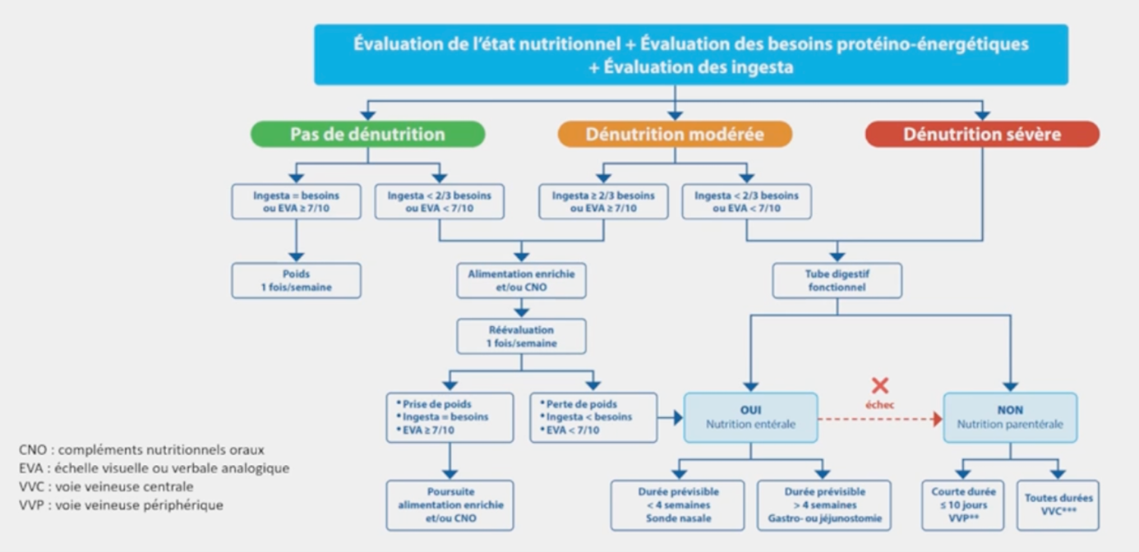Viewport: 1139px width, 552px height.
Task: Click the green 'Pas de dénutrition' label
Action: (x=367, y=134)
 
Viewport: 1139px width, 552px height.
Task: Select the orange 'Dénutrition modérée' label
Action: (x=675, y=134)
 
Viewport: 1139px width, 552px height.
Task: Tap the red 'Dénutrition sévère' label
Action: (x=982, y=134)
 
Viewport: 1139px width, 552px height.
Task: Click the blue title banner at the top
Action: (x=690, y=54)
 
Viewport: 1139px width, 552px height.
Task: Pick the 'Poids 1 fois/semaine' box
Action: (x=296, y=281)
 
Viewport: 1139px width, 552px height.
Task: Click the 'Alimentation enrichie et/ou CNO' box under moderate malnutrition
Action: (x=521, y=281)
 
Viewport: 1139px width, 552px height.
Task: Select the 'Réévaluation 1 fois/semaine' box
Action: (x=521, y=337)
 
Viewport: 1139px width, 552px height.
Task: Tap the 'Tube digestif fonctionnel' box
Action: (x=837, y=281)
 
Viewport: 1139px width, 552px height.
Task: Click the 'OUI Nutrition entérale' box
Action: (x=750, y=417)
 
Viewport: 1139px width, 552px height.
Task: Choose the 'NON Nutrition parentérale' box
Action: (x=1010, y=417)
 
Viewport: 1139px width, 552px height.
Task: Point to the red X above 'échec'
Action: (x=880, y=385)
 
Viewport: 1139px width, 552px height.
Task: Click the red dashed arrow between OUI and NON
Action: (x=879, y=419)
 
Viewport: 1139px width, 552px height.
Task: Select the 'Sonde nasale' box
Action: (x=677, y=505)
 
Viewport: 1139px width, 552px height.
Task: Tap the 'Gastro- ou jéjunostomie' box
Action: (x=823, y=505)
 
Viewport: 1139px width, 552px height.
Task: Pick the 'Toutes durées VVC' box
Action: (x=1058, y=504)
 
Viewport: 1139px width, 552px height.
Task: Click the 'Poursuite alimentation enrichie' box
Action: (x=450, y=505)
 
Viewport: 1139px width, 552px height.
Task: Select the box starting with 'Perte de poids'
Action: (x=593, y=417)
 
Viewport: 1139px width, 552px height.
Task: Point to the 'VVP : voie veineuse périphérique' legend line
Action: (x=121, y=505)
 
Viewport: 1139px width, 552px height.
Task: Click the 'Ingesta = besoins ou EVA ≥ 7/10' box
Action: (x=296, y=202)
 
